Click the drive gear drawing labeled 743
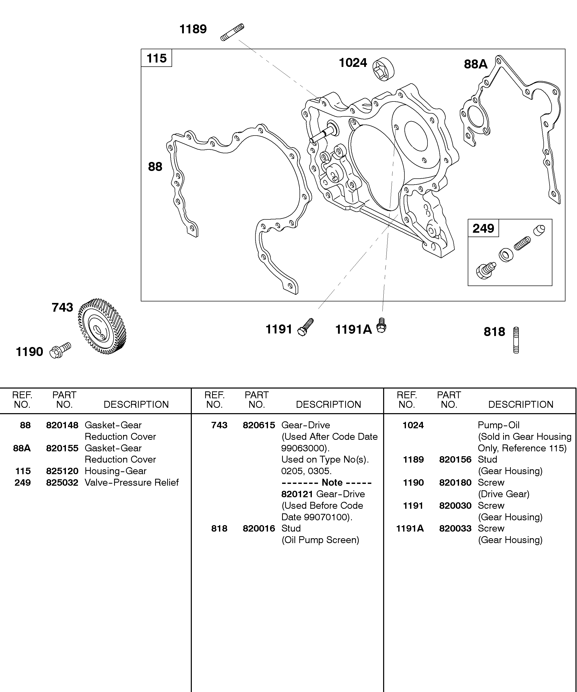102,326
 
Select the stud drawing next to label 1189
232,32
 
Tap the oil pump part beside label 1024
383,69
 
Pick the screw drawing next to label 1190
60,350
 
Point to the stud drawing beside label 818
516,340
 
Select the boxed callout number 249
483,228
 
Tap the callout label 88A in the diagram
475,64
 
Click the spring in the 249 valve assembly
522,243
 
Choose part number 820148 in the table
62,425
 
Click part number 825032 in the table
62,482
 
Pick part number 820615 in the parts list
259,425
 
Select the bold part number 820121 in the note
297,494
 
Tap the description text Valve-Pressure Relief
132,482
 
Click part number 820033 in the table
455,528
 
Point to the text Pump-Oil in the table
499,425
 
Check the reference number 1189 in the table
413,459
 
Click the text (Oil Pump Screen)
320,540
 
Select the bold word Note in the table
332,482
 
